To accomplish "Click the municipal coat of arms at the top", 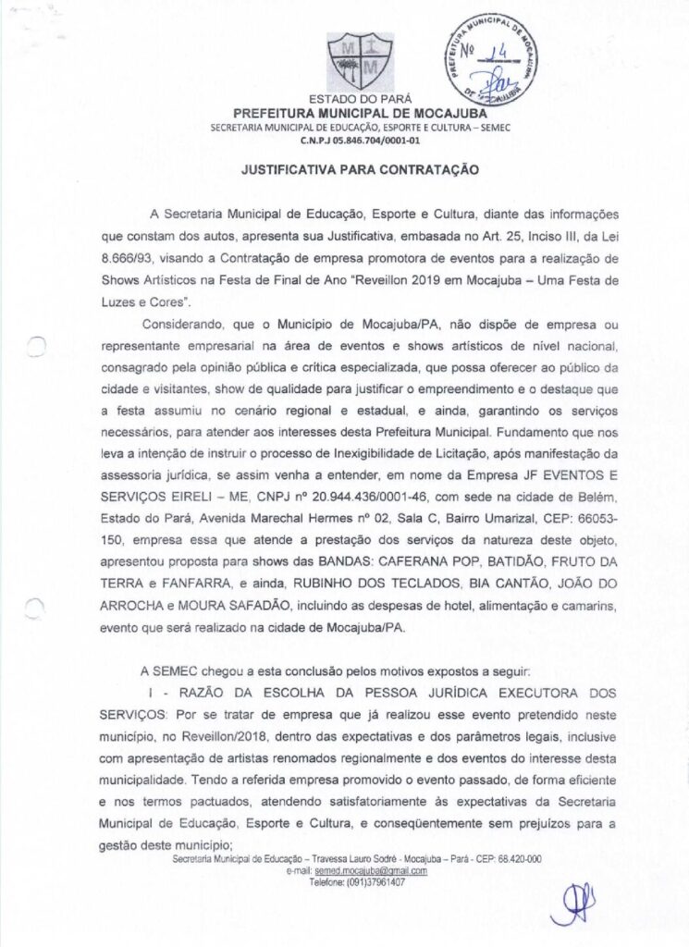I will point(353,61).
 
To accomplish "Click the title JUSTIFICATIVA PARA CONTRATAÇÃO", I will point(360,170).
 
